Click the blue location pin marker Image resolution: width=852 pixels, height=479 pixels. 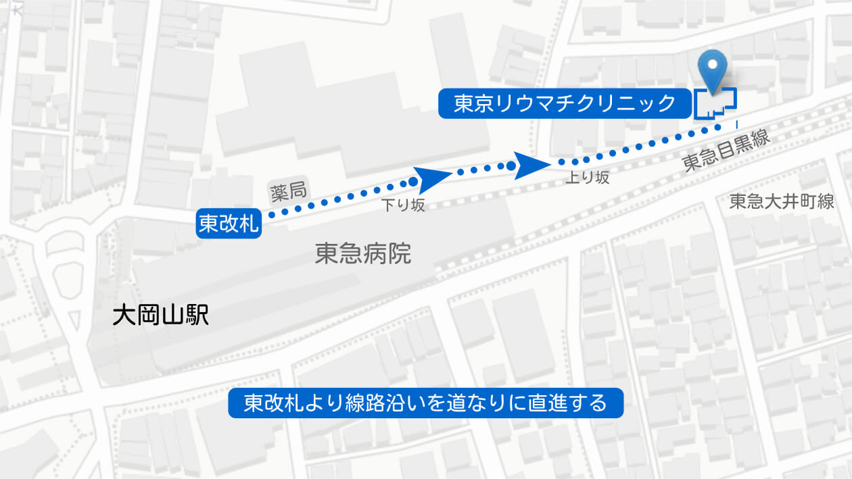[x=712, y=67]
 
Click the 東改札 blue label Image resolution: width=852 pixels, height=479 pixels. [x=229, y=224]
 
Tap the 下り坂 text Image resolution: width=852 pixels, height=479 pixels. [x=403, y=205]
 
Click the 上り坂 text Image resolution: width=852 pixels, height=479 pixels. [x=588, y=178]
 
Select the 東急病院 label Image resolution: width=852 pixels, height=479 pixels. [x=362, y=254]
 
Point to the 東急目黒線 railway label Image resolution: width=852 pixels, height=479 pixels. [x=726, y=152]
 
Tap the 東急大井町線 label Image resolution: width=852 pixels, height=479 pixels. [x=782, y=202]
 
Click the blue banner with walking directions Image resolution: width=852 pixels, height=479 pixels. [x=425, y=403]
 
